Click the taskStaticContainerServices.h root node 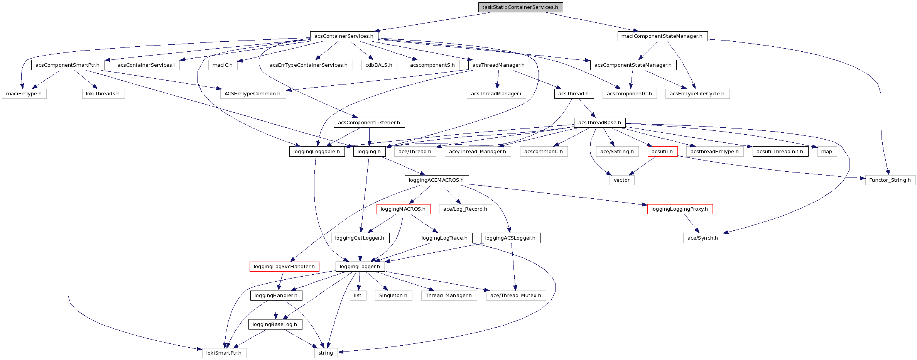pos(520,7)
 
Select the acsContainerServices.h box pos(344,36)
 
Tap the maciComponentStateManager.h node pos(662,36)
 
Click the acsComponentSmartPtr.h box pos(68,65)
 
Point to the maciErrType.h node pos(24,94)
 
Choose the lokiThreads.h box pos(103,94)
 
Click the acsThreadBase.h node pos(600,123)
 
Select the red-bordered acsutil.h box pos(662,152)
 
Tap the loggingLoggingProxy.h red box pos(679,209)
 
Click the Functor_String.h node pos(890,180)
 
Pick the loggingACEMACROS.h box pos(436,180)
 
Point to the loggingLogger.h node pos(360,267)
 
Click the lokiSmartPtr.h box pos(224,353)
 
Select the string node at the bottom pos(326,353)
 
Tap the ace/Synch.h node pos(703,238)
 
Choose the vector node pos(621,180)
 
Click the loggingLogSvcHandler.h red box pos(284,267)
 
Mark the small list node pos(358,296)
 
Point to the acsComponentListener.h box pos(369,123)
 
